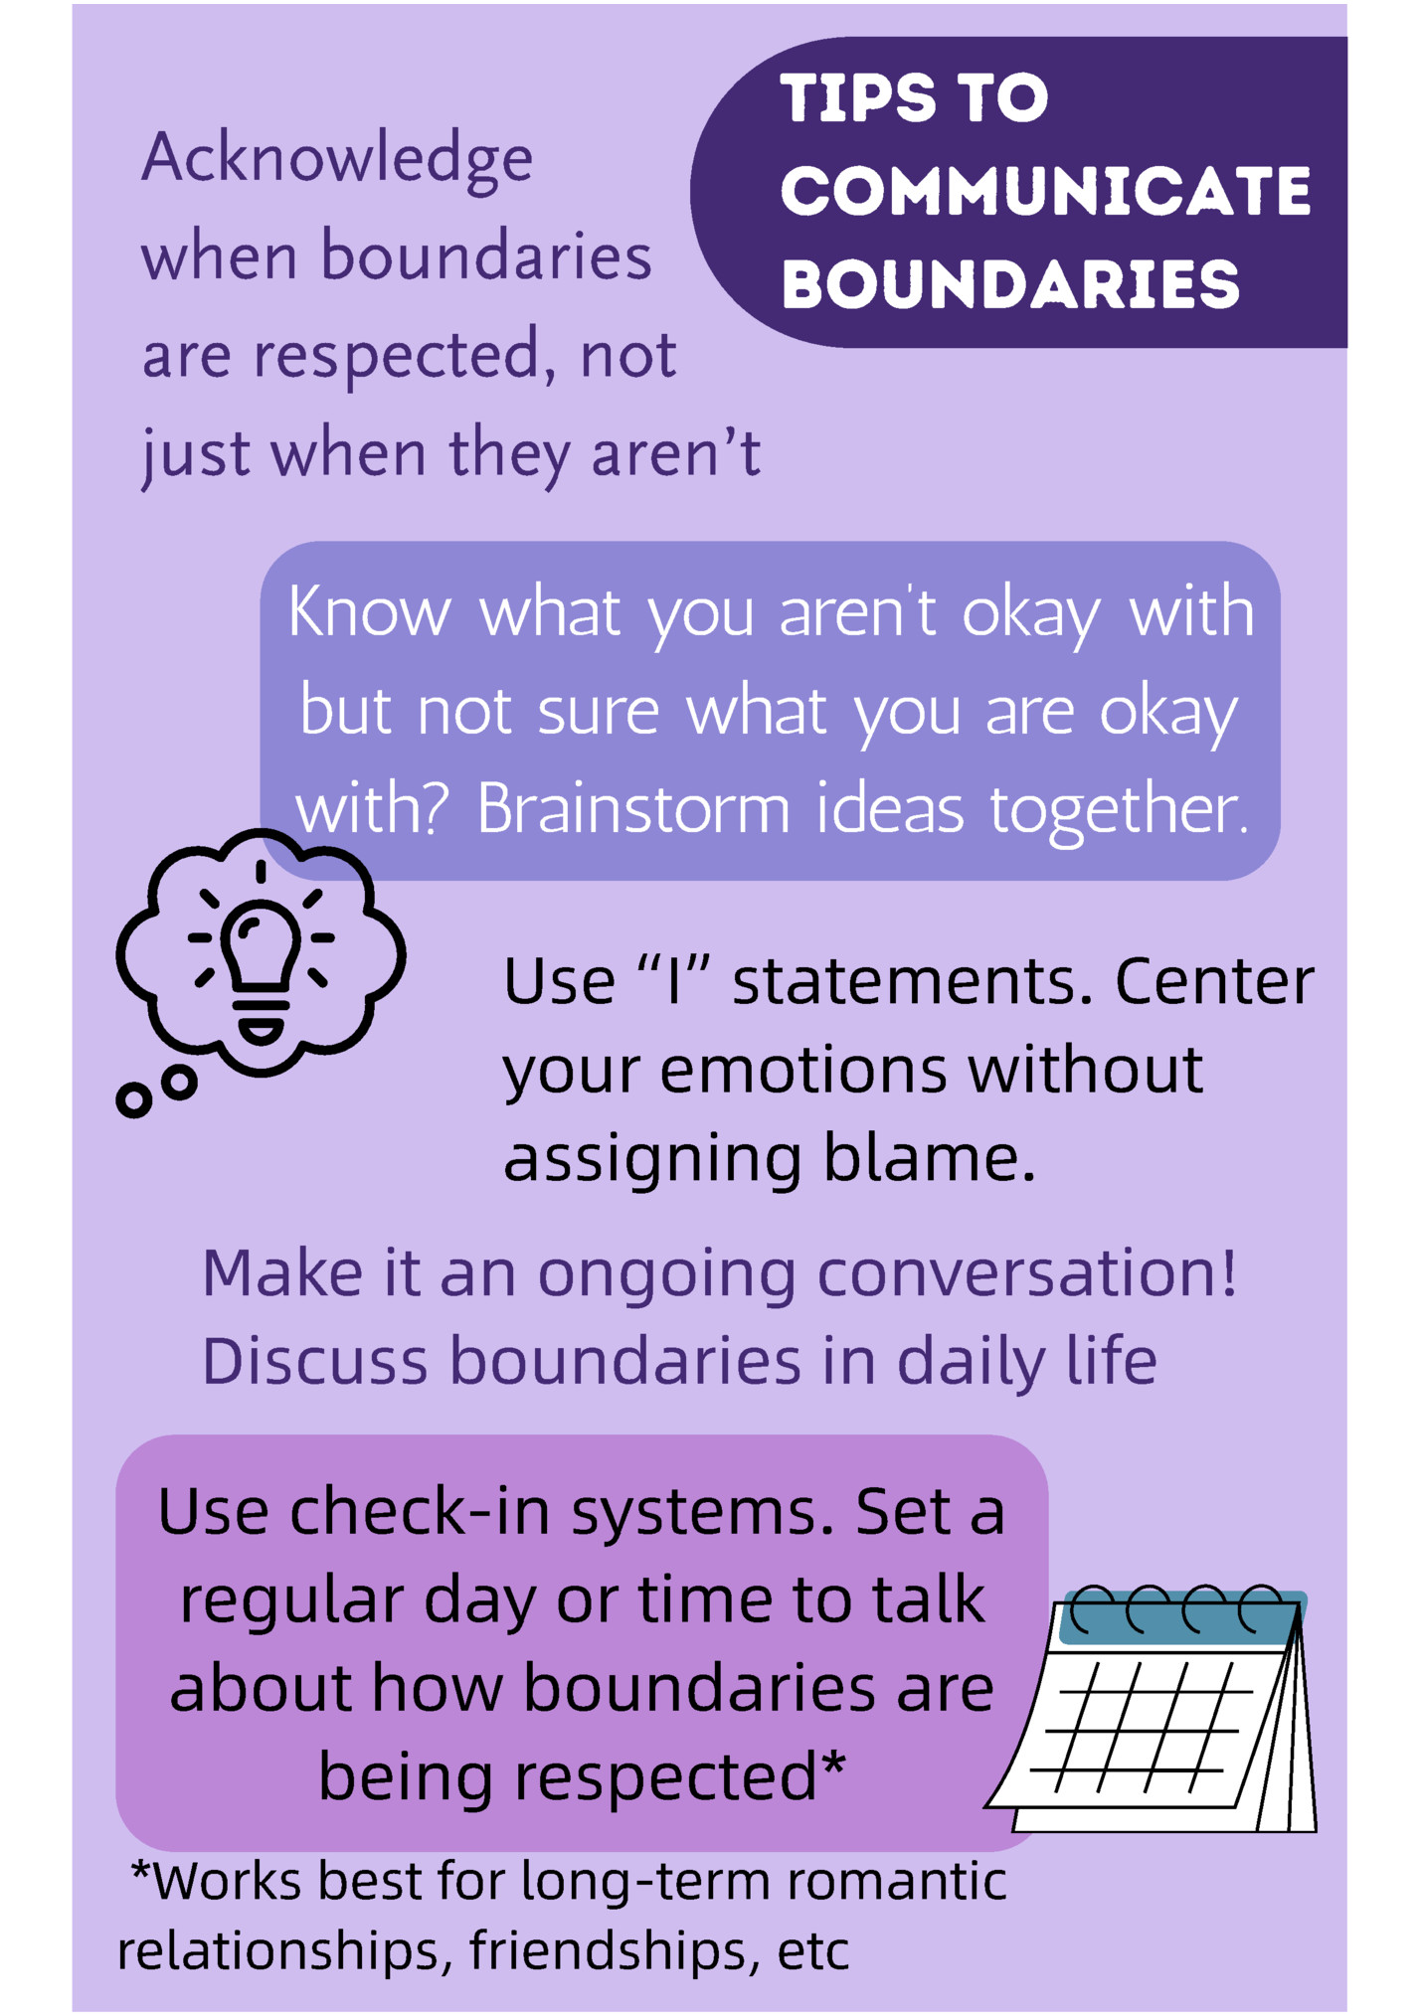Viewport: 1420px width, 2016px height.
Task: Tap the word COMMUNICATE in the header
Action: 1045,191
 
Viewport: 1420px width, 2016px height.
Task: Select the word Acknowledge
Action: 337,161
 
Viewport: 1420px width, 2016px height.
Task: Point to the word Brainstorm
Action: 632,809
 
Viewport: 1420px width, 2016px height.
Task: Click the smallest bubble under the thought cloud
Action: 133,1099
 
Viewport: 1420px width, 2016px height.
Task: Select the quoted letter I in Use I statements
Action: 675,982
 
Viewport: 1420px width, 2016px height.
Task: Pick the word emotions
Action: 802,1072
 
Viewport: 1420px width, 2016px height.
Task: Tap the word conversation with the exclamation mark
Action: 1026,1273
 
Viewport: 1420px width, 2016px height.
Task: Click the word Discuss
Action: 313,1361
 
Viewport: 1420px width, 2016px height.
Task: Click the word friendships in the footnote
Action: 608,1951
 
